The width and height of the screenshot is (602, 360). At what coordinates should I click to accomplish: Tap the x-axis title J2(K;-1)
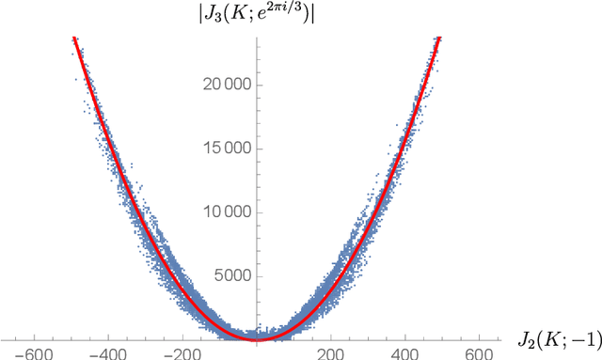point(556,337)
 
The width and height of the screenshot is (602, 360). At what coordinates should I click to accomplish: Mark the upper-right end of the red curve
point(439,38)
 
